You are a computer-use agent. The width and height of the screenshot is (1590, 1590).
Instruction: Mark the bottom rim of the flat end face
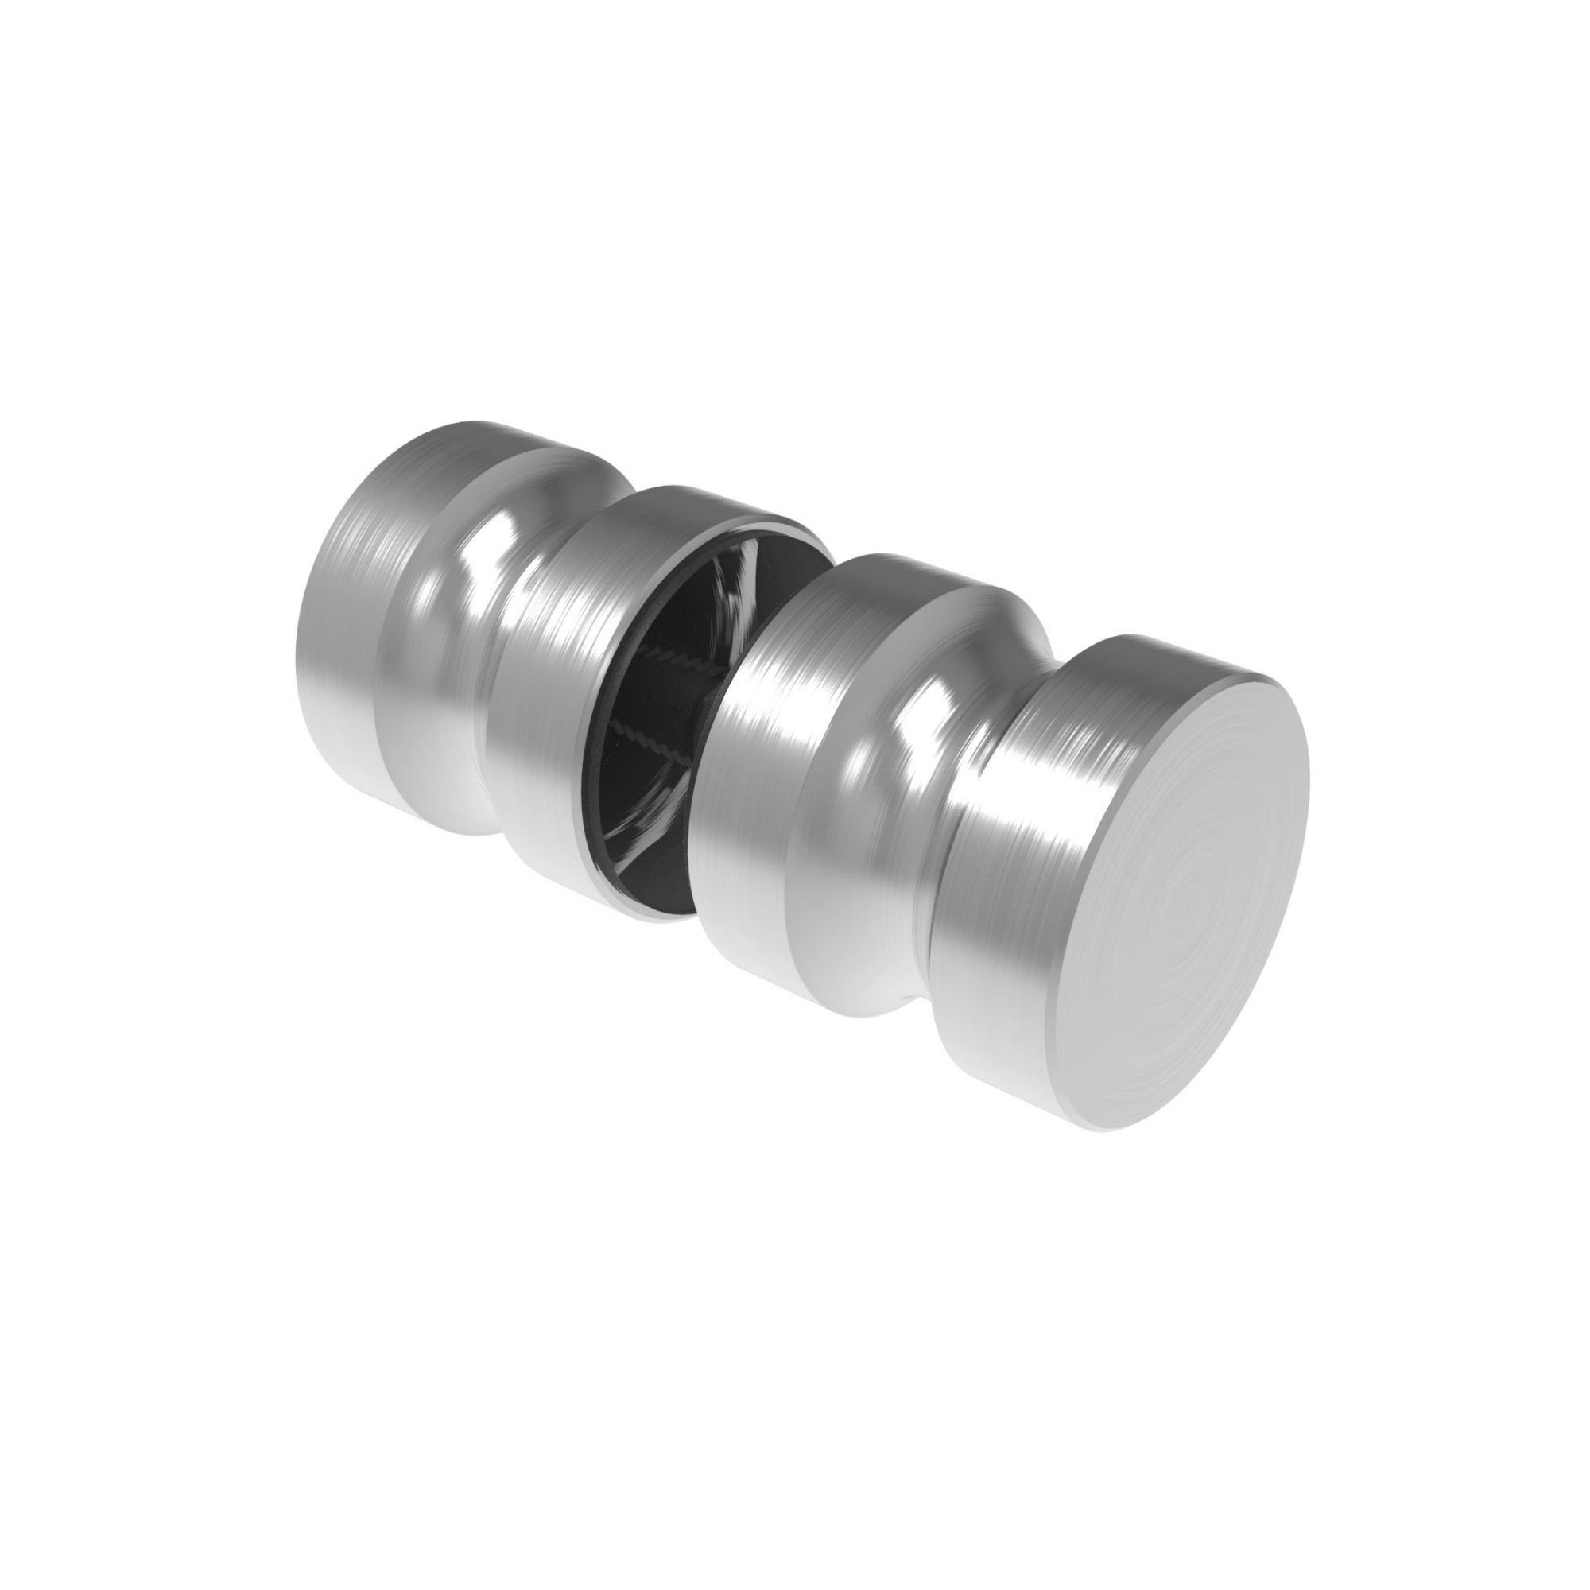pyautogui.click(x=1103, y=1127)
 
